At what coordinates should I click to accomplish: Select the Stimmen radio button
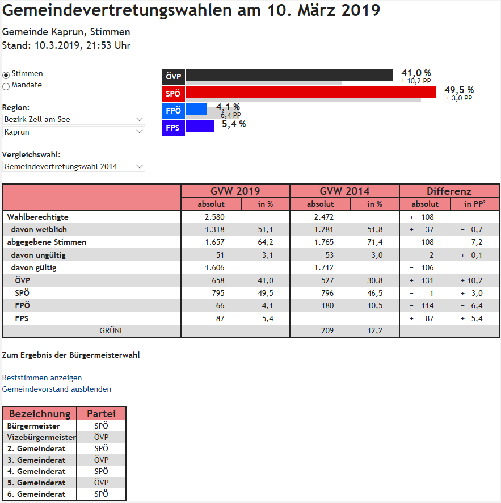(6, 74)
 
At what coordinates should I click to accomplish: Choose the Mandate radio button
(6, 86)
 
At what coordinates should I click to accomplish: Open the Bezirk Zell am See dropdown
(74, 119)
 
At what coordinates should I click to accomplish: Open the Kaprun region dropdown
(74, 132)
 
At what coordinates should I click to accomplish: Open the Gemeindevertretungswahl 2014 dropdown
(74, 166)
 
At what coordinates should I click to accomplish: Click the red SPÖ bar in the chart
(311, 91)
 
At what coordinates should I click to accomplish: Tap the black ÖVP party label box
(173, 77)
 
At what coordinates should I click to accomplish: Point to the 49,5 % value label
(458, 90)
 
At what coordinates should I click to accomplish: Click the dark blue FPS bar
(200, 125)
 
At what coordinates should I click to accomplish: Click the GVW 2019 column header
(235, 191)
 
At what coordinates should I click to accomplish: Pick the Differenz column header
(449, 191)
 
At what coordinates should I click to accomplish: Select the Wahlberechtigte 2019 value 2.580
(214, 217)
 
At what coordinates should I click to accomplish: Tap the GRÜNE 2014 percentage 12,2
(374, 330)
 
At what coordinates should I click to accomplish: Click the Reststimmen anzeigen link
(42, 378)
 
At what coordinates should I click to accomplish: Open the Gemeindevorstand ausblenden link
(57, 389)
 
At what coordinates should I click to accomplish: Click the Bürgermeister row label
(34, 426)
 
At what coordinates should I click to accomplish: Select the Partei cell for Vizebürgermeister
(101, 437)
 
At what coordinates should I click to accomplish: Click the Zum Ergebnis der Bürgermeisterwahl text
(71, 355)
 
